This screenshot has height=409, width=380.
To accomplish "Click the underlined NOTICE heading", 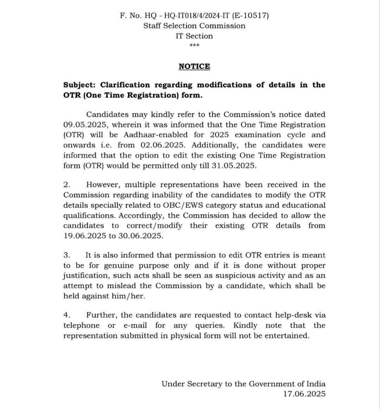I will click(194, 66).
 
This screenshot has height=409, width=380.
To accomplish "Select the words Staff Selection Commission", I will click(194, 26).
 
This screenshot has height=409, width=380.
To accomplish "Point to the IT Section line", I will click(194, 36).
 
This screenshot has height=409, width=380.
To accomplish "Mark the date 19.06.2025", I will click(84, 236).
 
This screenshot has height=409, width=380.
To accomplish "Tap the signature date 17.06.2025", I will click(304, 394).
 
